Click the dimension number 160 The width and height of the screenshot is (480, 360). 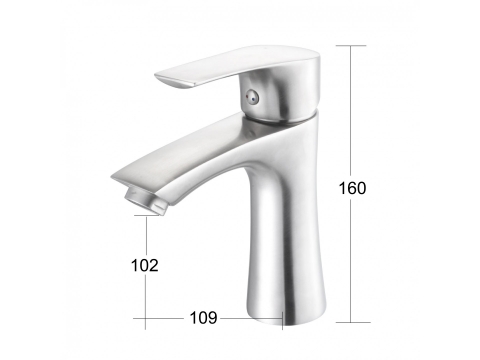[x=352, y=188]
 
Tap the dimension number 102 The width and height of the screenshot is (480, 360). [x=145, y=265]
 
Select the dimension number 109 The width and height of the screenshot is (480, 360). [x=203, y=318]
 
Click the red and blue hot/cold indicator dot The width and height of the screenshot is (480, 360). [x=251, y=97]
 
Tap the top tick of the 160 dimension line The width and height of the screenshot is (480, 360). [x=351, y=45]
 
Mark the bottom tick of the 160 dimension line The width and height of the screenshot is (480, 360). [x=353, y=322]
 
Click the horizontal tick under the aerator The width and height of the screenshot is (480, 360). [x=147, y=215]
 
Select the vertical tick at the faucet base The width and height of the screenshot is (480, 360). [x=282, y=321]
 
